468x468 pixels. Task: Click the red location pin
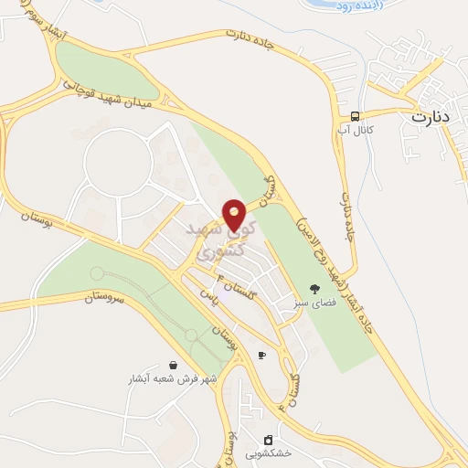tap(235, 214)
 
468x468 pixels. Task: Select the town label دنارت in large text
tap(431, 117)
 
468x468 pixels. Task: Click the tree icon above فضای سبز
tap(314, 287)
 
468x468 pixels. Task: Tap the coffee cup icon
tap(262, 355)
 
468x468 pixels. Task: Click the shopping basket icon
tap(173, 365)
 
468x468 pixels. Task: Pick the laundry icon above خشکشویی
tap(268, 440)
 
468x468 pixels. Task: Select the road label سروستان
tap(102, 298)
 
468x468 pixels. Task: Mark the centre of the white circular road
tap(118, 165)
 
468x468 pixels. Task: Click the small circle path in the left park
tap(96, 273)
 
